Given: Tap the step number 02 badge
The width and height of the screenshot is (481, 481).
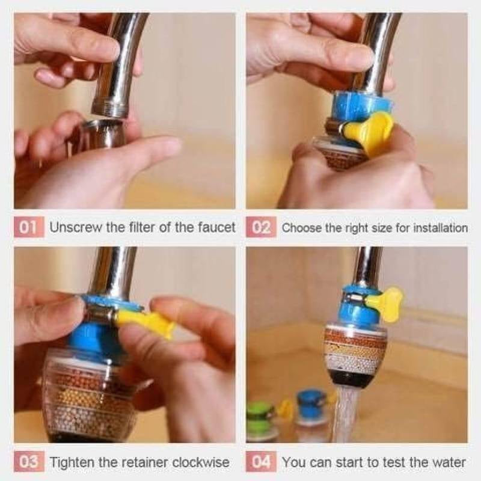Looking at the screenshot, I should pos(261,228).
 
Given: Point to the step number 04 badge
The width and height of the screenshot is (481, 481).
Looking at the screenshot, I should pos(261,462).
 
